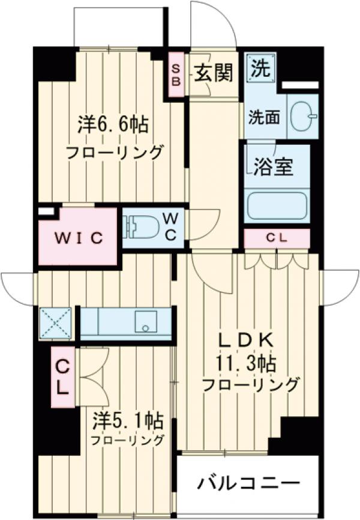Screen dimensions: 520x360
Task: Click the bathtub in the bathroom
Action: pyautogui.click(x=277, y=205)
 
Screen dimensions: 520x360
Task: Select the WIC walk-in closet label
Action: pyautogui.click(x=77, y=237)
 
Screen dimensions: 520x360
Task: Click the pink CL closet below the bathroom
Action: pyautogui.click(x=277, y=238)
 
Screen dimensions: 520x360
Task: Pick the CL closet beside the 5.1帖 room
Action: pyautogui.click(x=62, y=377)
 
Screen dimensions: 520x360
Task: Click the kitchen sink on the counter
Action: pyautogui.click(x=145, y=322)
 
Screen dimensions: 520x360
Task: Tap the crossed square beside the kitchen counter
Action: pyautogui.click(x=55, y=323)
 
